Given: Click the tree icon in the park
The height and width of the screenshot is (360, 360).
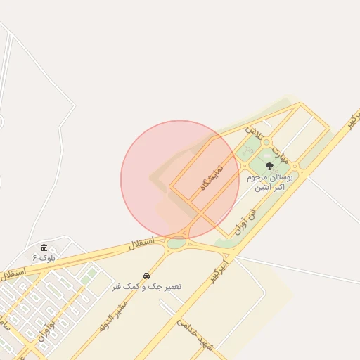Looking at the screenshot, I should [x=270, y=166].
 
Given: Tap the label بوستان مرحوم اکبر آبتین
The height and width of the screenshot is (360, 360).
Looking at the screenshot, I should [x=271, y=183].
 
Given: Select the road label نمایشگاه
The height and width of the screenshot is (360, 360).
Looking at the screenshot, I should [x=211, y=176].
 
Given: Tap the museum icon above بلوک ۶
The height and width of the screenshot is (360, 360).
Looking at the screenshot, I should [x=44, y=247].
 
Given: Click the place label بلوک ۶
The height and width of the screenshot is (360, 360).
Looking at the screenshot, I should [x=44, y=258].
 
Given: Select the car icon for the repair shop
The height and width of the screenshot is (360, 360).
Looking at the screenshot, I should [x=146, y=276].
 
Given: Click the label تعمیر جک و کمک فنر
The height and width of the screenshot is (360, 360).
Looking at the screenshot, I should [x=146, y=287].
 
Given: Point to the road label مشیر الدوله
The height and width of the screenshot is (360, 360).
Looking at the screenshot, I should [x=113, y=311].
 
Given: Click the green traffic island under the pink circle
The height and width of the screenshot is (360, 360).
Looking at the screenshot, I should [x=176, y=243].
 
